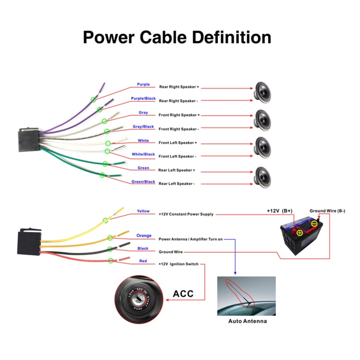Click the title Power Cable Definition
[x=177, y=37]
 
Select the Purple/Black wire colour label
[x=143, y=98]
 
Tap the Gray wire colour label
[x=143, y=113]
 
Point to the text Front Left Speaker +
[x=178, y=143]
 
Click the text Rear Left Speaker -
[x=176, y=184]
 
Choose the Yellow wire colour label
[x=143, y=211]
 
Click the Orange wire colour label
[x=144, y=236]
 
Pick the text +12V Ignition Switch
[x=178, y=264]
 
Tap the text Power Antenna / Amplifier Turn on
[x=191, y=239]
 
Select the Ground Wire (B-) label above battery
[x=327, y=211]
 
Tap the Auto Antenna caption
[x=247, y=321]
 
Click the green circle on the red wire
[x=111, y=261]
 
